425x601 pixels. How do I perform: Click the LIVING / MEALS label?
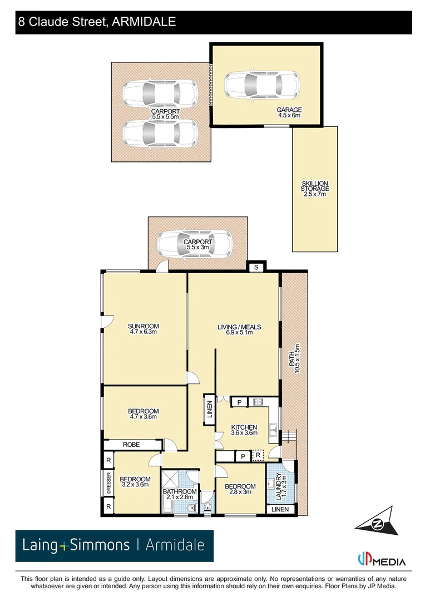239,330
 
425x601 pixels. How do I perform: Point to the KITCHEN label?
244,430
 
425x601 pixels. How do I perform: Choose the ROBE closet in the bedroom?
132,445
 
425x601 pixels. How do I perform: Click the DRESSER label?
109,484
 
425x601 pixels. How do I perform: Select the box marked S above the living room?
256,268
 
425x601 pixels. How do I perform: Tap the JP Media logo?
380,559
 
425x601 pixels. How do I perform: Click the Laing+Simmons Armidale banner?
114,545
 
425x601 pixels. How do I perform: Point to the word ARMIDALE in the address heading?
144,22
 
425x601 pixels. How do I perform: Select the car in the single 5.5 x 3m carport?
194,243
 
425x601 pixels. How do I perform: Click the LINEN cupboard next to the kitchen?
209,412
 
